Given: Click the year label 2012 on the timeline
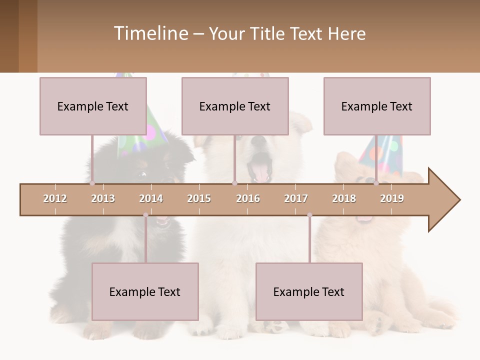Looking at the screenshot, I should coord(55,198).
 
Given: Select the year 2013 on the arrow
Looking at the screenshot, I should coord(103,198).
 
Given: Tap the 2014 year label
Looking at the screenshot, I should coord(151,198).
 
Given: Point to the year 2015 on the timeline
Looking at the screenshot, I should coord(199,198).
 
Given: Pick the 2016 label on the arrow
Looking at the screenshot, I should coord(248,198).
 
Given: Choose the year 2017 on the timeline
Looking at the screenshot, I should coord(296,198).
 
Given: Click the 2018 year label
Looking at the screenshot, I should coord(344,198).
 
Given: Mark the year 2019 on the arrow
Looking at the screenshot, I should coord(392,198).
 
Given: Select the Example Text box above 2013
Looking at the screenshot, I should coord(93,106).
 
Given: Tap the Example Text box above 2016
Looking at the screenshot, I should coord(235,106).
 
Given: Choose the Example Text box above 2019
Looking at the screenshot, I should coord(377,106).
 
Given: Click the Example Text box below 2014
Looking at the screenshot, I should coord(145,291).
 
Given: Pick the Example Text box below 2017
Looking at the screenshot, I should coord(309,291).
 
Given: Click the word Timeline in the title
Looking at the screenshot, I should coord(150,33).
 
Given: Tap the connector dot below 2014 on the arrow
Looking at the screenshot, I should coord(145,215).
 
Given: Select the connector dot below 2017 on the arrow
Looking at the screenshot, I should coord(309,215).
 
